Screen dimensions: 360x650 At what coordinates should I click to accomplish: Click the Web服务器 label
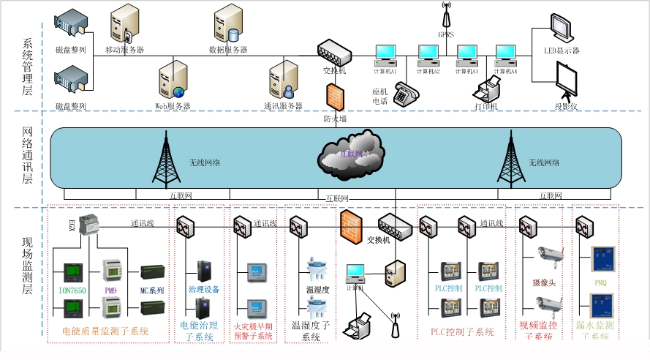pos(173,106)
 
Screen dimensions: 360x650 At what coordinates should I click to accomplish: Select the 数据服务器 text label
pos(227,50)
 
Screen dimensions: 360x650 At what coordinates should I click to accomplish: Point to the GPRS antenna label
pos(446,34)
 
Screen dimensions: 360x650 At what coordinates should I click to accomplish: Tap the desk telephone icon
pos(404,93)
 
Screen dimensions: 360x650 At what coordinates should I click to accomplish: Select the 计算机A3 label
pos(467,72)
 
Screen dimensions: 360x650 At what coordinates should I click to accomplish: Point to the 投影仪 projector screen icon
pos(567,80)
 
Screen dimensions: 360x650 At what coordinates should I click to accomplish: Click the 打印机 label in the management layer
pos(485,107)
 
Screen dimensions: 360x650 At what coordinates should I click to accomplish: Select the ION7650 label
pos(72,290)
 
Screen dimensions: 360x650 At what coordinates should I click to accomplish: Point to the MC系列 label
pos(152,290)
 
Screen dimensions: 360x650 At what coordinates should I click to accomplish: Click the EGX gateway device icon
pos(89,223)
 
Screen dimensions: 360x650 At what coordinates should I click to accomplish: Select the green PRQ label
pos(600,281)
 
